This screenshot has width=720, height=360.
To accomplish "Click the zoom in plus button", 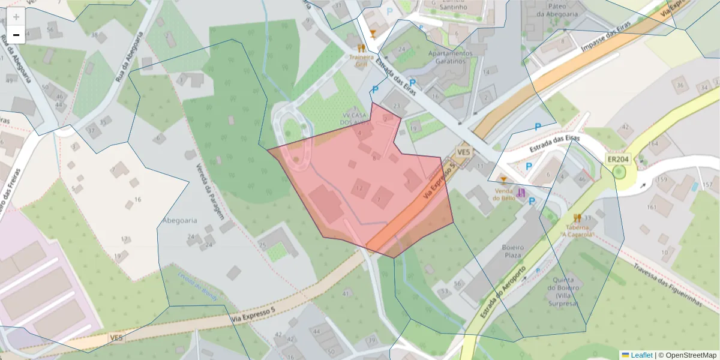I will (16, 17).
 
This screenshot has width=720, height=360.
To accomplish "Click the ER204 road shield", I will (617, 159).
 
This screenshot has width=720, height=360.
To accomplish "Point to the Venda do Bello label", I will (504, 194).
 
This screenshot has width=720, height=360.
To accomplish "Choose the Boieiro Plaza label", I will (513, 251).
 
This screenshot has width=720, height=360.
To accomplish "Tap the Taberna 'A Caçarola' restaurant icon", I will (577, 218).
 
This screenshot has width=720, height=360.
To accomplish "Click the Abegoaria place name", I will (179, 220).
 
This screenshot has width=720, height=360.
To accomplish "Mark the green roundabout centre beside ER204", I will (619, 173).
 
